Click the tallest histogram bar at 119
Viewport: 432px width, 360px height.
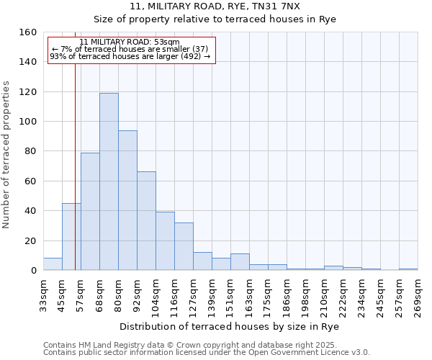109,181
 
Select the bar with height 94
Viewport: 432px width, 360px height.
127,200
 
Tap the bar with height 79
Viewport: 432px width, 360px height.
90,212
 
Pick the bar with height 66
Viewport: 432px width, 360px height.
146,221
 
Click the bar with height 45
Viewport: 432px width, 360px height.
71,237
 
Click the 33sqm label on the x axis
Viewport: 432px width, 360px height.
44,293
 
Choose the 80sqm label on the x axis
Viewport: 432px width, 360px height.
119,293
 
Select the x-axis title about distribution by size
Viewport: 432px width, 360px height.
230,326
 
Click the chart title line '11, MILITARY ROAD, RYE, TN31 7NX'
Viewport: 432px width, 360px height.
216,6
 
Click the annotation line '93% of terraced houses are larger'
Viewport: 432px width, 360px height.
130,56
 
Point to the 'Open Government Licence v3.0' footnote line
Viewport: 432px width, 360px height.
207,352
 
